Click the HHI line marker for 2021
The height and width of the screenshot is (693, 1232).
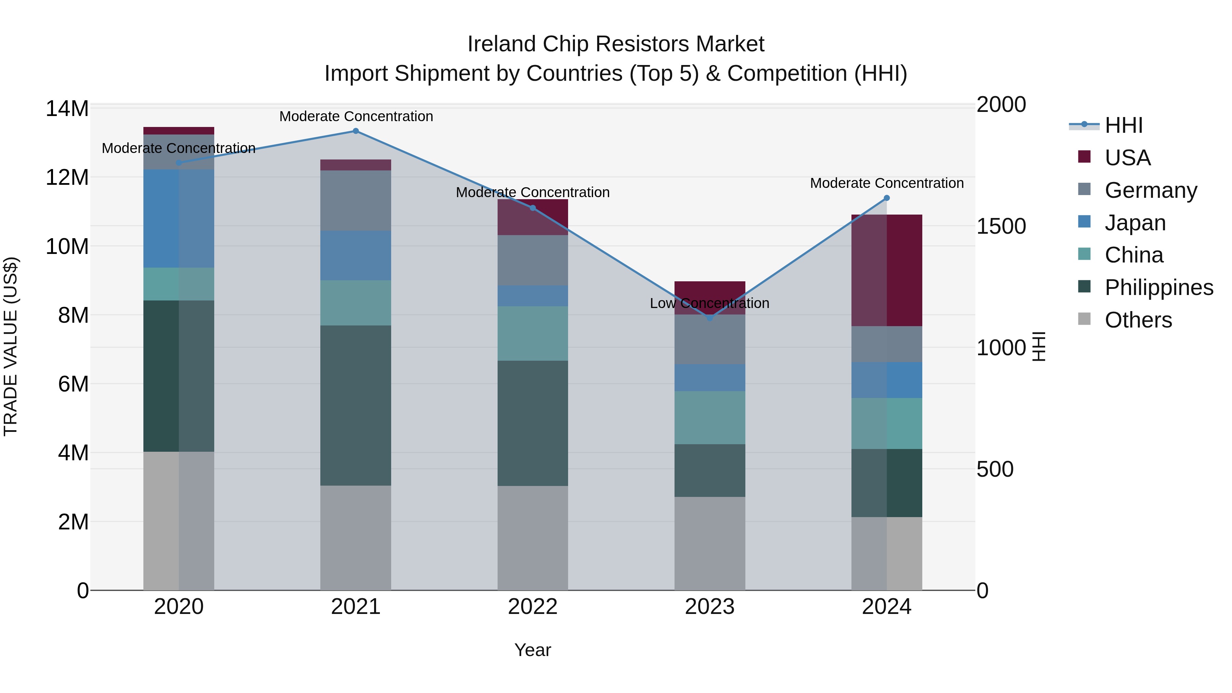click(355, 131)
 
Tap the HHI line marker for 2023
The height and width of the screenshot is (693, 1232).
click(710, 318)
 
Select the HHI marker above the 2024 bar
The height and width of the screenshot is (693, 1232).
click(886, 198)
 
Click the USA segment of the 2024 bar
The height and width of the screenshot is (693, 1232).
click(886, 270)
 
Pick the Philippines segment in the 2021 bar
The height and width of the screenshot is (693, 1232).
click(355, 406)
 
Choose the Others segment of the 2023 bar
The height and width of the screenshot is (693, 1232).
click(710, 543)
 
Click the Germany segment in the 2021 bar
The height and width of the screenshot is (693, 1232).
click(355, 201)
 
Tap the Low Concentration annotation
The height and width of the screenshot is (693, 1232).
click(709, 303)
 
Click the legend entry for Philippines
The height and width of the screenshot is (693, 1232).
click(1159, 287)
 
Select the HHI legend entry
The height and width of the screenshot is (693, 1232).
click(1124, 125)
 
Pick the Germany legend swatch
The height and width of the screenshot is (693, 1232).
click(1084, 189)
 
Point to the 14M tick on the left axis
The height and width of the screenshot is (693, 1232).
click(67, 108)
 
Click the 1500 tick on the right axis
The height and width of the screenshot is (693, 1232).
click(1001, 226)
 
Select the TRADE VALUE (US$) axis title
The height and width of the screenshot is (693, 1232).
click(11, 346)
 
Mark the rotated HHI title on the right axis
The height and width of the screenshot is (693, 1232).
click(1039, 346)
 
